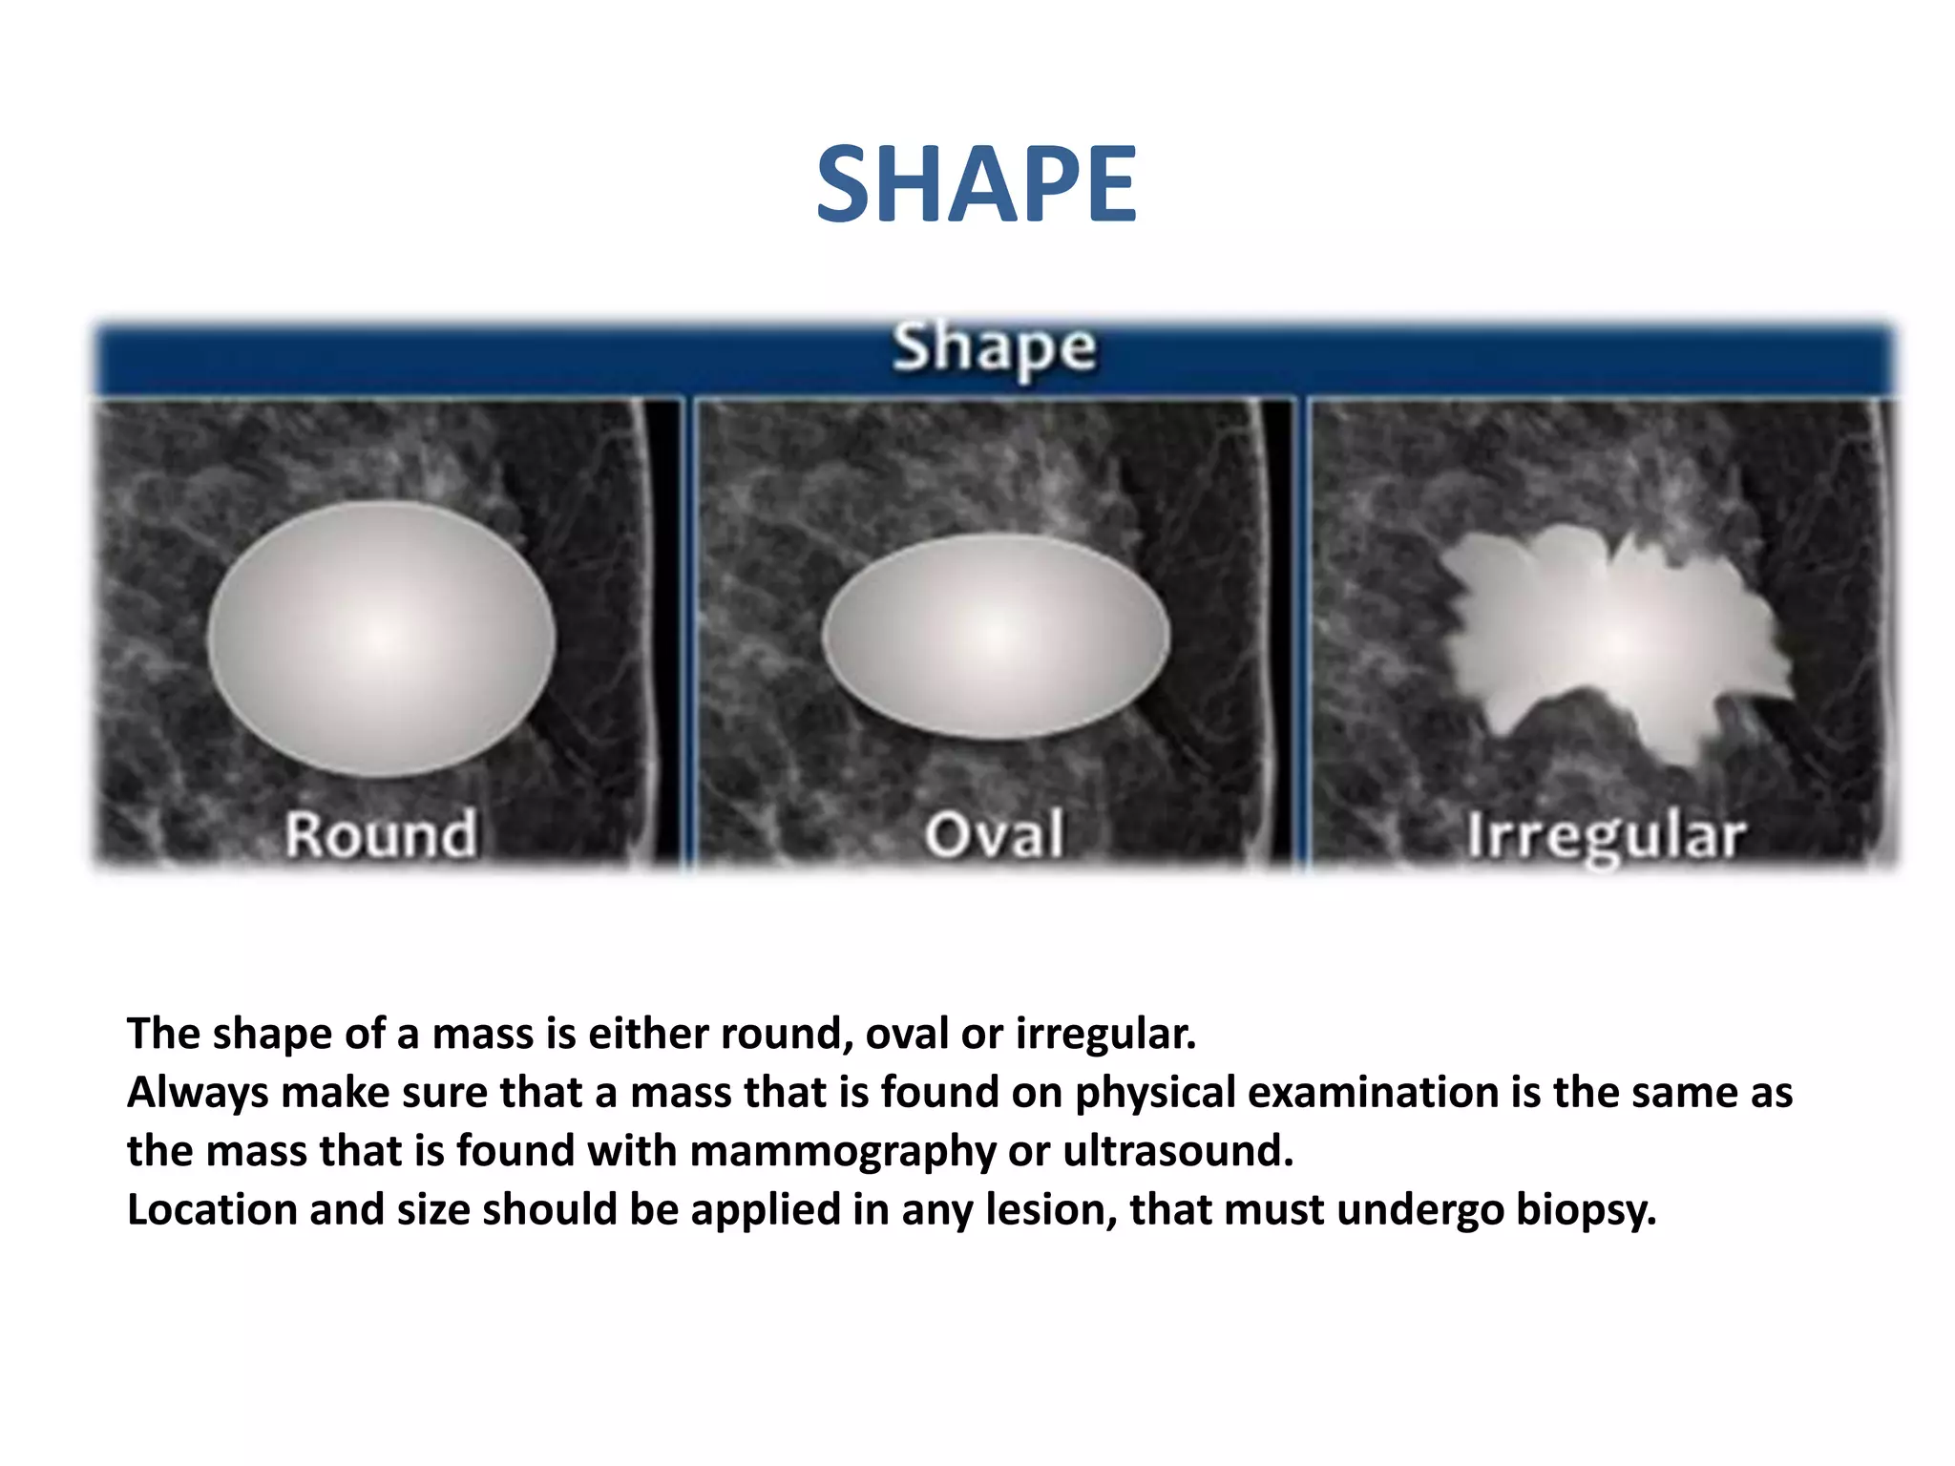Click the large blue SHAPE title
click(x=976, y=184)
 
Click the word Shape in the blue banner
click(x=994, y=348)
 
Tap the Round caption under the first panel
click(x=381, y=834)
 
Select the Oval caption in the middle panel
click(x=994, y=834)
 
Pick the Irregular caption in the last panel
click(x=1606, y=836)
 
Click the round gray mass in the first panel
click(x=381, y=638)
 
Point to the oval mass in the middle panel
click(x=996, y=636)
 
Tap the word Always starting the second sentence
click(x=198, y=1094)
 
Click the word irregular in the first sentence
click(x=1104, y=1034)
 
